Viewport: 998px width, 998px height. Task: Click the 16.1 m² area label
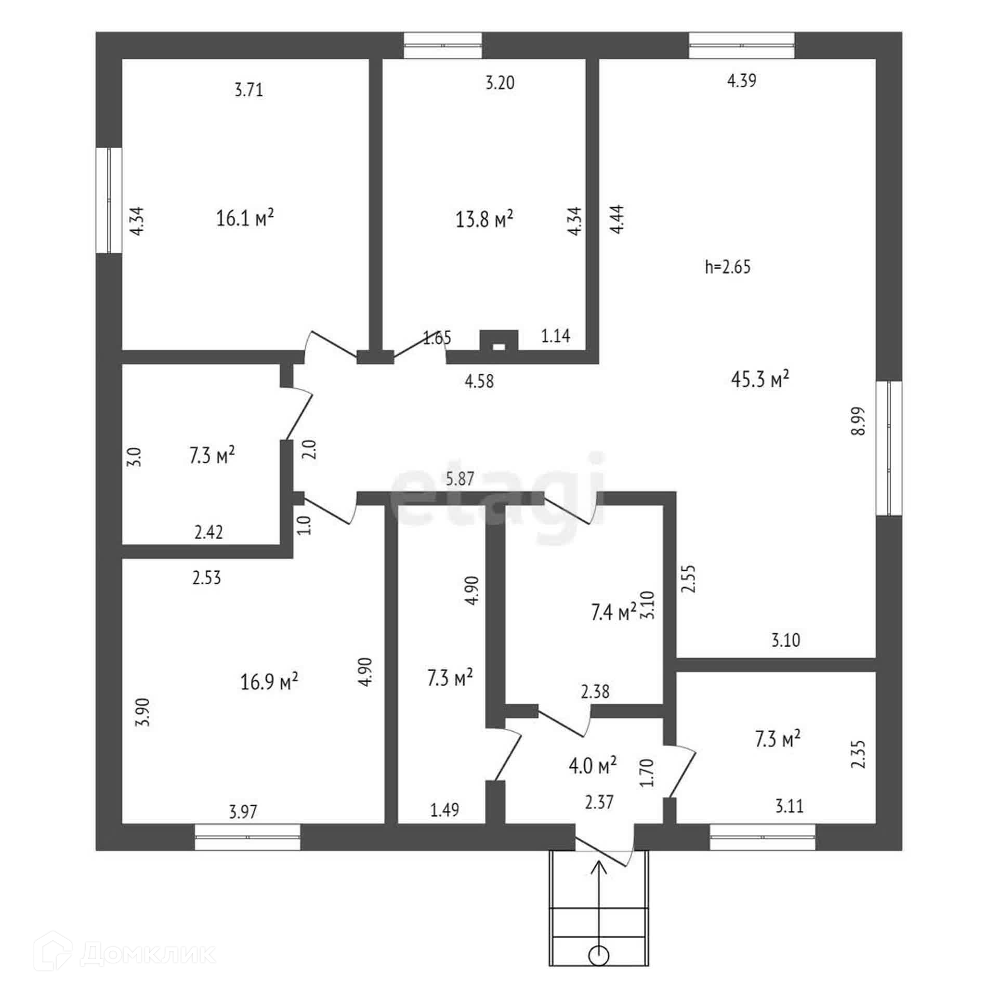coord(245,218)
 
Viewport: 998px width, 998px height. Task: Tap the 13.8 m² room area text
coord(484,219)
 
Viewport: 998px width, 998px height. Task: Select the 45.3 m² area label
coord(760,379)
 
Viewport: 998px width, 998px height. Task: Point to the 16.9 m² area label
coord(269,681)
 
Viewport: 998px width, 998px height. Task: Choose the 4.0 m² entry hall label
coord(593,765)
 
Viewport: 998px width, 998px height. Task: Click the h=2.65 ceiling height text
coord(728,267)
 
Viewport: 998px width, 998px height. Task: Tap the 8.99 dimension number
coord(859,421)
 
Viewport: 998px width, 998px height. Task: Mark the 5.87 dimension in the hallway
coord(460,479)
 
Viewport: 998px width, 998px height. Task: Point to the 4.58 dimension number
coord(479,382)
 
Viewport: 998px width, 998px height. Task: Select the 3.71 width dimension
coord(249,90)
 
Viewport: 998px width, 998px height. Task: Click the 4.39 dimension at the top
coord(741,81)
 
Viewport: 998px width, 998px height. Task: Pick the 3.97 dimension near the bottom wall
coord(243,811)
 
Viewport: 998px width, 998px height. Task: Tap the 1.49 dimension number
coord(445,810)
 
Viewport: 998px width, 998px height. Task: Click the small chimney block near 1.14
coord(498,341)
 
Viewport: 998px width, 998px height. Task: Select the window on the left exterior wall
coord(109,200)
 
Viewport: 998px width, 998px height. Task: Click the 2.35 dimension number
coord(859,754)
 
